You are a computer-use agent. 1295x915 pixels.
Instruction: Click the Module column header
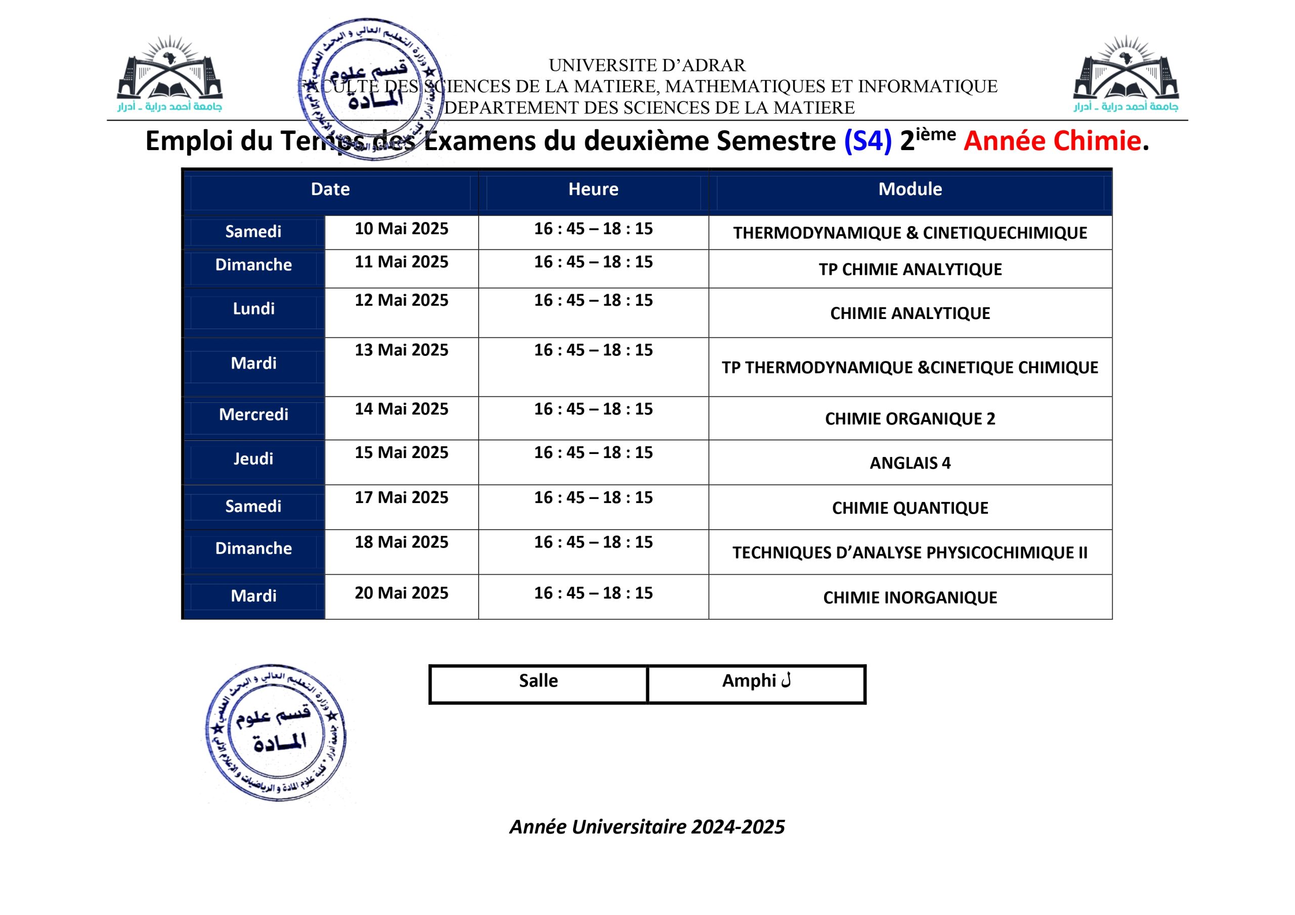click(x=910, y=189)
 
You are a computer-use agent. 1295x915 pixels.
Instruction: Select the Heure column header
click(x=593, y=189)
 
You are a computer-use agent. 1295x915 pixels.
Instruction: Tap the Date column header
click(x=330, y=189)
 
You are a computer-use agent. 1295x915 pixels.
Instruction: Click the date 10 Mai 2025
click(x=401, y=229)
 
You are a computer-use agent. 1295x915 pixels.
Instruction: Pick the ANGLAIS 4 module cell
click(x=910, y=463)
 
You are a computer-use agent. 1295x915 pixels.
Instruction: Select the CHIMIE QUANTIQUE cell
click(x=910, y=508)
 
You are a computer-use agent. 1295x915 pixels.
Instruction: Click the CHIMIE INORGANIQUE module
click(x=910, y=598)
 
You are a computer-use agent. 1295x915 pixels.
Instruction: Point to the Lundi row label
click(x=253, y=309)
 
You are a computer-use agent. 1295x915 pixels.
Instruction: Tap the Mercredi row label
click(x=253, y=415)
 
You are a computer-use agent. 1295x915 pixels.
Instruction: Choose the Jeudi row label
click(x=253, y=459)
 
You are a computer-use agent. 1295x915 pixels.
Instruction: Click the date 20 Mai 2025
click(x=401, y=593)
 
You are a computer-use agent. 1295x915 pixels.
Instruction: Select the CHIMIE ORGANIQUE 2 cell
click(x=910, y=419)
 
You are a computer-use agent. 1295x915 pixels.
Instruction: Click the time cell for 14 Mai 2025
click(x=593, y=409)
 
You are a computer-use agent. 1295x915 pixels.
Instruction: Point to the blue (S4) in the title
click(x=868, y=141)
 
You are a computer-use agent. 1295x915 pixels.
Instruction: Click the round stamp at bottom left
click(x=276, y=733)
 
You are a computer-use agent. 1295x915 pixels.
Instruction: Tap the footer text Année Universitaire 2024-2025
click(x=647, y=827)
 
